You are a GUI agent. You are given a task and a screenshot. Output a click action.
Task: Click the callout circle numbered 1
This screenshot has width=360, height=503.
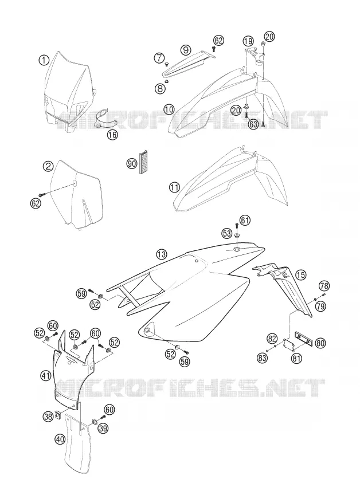(44, 60)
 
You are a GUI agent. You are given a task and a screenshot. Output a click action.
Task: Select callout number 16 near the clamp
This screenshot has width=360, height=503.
(112, 135)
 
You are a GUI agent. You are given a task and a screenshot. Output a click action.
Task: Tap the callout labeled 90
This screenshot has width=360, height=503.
(131, 164)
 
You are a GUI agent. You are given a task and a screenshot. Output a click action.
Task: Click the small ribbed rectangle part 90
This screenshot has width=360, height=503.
(143, 162)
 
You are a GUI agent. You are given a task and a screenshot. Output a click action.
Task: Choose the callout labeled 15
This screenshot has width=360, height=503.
(300, 274)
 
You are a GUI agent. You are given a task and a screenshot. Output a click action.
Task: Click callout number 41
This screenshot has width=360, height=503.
(46, 375)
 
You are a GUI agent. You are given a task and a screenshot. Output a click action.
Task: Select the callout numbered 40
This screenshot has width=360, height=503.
(60, 439)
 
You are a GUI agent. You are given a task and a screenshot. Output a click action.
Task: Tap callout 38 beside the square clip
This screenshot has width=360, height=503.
(48, 416)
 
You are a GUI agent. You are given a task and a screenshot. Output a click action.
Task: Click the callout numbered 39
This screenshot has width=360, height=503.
(103, 428)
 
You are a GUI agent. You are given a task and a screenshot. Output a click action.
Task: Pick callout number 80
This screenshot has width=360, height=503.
(320, 343)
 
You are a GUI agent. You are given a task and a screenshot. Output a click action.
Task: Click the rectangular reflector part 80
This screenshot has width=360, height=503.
(303, 339)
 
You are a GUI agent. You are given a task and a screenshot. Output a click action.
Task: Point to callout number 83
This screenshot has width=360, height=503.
(263, 357)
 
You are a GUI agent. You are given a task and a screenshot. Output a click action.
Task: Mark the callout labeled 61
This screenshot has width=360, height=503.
(245, 221)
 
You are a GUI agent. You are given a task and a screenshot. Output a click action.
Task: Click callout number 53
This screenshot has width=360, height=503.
(227, 233)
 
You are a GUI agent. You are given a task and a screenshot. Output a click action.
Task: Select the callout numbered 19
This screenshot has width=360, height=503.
(248, 41)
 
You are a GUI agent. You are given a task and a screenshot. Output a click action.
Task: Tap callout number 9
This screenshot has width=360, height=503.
(186, 50)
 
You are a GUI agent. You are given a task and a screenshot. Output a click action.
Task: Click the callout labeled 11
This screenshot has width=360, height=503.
(174, 187)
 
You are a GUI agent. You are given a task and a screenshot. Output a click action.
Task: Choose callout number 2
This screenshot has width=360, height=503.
(48, 166)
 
